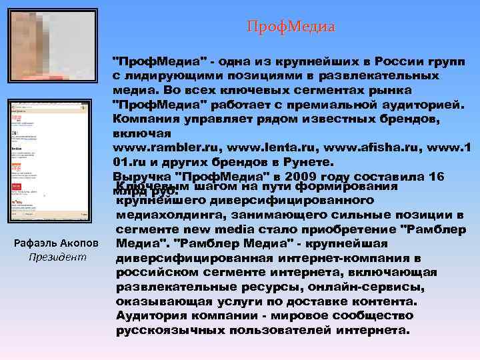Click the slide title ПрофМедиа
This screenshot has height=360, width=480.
[291, 27]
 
